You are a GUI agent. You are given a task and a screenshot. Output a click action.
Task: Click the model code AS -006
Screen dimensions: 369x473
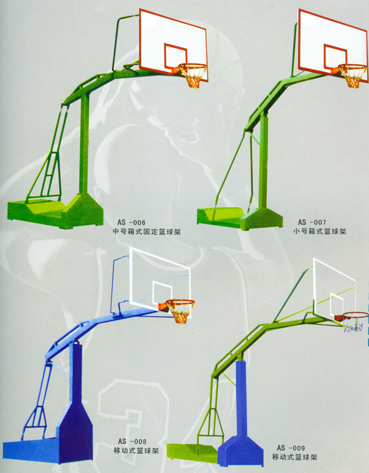point(132,222)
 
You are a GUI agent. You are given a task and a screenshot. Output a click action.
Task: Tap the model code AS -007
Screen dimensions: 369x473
point(312,222)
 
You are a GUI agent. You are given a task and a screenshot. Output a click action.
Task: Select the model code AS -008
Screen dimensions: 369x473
point(132,441)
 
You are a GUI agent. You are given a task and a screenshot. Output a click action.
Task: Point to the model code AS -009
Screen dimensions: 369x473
point(291,447)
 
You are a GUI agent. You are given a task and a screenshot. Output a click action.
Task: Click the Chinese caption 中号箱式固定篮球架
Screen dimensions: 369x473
point(146,232)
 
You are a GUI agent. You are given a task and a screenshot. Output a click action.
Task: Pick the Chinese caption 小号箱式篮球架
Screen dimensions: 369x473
point(320,232)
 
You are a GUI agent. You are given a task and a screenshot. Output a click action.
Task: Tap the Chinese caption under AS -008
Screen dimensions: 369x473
point(136,451)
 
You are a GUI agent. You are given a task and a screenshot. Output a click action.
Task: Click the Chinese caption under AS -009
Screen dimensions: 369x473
point(295,457)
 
